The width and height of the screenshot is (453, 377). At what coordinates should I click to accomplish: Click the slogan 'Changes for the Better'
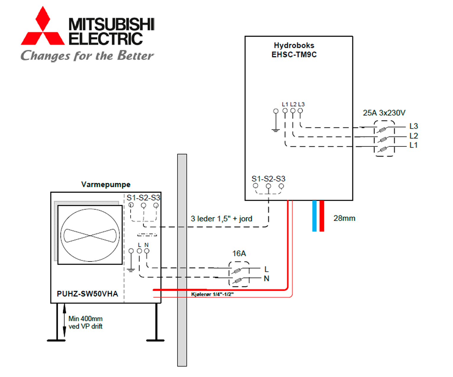[87, 55]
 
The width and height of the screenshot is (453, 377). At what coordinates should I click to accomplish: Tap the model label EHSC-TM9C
[294, 55]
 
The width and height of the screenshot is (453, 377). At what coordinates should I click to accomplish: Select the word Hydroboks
[294, 45]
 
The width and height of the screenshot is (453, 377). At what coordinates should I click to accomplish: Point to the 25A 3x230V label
[384, 113]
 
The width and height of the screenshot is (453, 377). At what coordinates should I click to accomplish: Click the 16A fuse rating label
[239, 253]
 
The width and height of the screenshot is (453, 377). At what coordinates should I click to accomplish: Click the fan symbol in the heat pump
[90, 235]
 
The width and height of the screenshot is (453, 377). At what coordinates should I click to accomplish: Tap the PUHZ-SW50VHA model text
[87, 294]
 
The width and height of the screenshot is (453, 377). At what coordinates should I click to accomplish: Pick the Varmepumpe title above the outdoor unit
[106, 184]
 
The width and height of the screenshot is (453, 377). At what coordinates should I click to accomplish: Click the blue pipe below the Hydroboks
[314, 215]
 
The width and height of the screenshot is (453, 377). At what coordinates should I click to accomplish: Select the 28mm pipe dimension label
[344, 218]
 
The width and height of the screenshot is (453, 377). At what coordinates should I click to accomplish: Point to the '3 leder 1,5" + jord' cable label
[221, 219]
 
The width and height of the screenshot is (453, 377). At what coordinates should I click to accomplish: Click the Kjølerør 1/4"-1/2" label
[212, 294]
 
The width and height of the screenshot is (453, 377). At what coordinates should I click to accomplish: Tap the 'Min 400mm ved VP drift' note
[85, 322]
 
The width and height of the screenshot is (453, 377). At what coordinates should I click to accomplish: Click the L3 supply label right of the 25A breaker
[413, 126]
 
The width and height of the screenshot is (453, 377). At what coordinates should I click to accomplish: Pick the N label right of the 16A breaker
[266, 279]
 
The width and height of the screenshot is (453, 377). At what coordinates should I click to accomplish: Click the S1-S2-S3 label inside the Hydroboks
[268, 179]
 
